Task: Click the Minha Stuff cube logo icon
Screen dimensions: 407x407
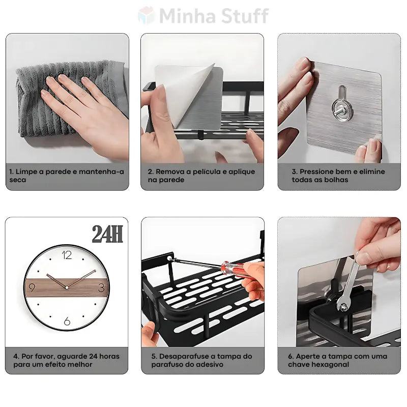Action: (147, 15)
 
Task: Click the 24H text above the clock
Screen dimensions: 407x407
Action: (107, 235)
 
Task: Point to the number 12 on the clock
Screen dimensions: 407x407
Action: (67, 255)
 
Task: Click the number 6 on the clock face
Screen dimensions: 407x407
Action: (67, 321)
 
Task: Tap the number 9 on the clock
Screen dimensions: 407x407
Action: (33, 287)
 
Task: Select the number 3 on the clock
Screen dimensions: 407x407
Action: (101, 287)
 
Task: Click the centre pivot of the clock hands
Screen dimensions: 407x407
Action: (66, 288)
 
